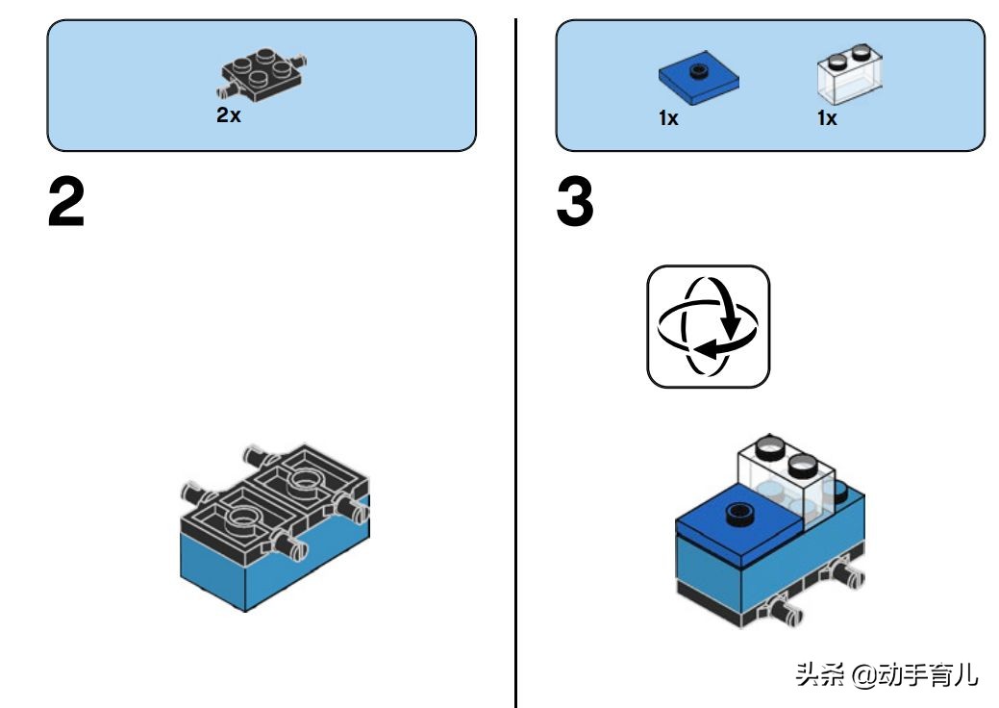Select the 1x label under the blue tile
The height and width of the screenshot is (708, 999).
point(668,118)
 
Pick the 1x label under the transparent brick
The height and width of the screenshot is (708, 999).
point(827,118)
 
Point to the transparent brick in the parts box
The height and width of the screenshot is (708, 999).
point(849,77)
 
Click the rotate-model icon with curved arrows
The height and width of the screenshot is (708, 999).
point(709,327)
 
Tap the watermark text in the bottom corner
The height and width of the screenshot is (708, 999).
point(886,674)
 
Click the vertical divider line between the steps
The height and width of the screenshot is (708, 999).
point(515,385)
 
